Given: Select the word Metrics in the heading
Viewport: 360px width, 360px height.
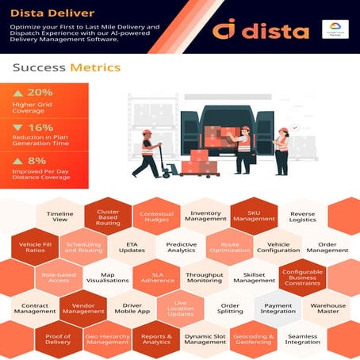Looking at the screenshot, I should pyautogui.click(x=96, y=68).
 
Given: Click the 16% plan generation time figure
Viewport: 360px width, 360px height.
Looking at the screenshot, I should pyautogui.click(x=40, y=127).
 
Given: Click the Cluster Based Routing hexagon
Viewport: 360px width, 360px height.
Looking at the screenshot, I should pyautogui.click(x=108, y=217).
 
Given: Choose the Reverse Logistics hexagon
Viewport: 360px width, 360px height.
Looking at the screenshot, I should pyautogui.click(x=302, y=218).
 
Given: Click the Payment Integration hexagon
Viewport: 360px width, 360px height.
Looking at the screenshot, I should pyautogui.click(x=278, y=309).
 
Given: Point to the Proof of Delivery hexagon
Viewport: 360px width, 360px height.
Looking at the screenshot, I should pyautogui.click(x=58, y=339).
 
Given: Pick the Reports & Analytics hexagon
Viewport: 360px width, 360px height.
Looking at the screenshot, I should pyautogui.click(x=156, y=339).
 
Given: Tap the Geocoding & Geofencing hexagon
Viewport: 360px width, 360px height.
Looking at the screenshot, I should pyautogui.click(x=254, y=339).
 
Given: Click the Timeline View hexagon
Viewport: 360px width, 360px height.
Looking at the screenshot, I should pyautogui.click(x=59, y=218).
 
